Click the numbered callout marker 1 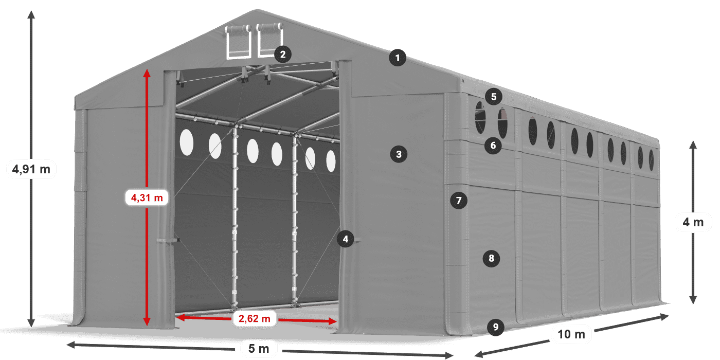(397, 58)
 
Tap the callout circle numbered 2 (283, 54)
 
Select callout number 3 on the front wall (399, 153)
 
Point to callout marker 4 (346, 239)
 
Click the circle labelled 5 (494, 96)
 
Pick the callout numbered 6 (493, 146)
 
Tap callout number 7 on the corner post (459, 200)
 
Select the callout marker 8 (492, 258)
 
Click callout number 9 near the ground (495, 327)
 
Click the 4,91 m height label (31, 169)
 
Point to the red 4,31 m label (147, 197)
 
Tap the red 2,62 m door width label (255, 319)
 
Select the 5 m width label (259, 349)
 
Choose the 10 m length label (571, 334)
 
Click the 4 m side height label (693, 222)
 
